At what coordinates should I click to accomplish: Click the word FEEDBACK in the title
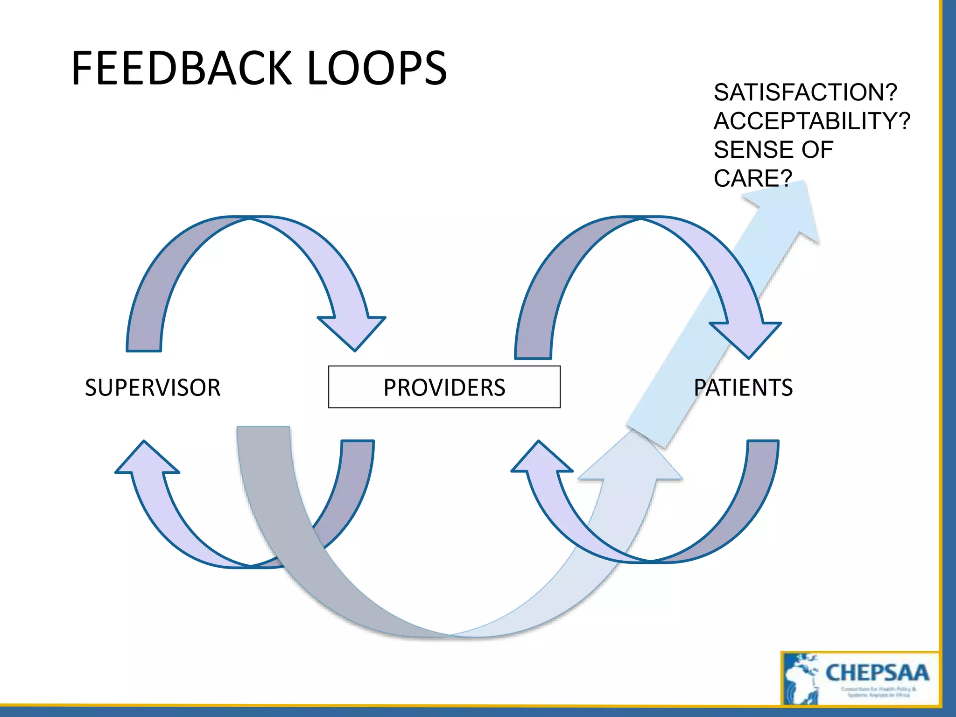click(182, 69)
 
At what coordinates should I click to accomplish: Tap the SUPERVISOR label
click(153, 387)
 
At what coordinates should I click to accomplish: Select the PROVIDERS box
click(444, 387)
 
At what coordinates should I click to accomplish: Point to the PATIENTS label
click(743, 387)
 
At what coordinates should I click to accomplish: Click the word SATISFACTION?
click(805, 92)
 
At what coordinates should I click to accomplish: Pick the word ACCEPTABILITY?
click(812, 121)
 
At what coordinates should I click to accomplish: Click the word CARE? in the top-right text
click(752, 178)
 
